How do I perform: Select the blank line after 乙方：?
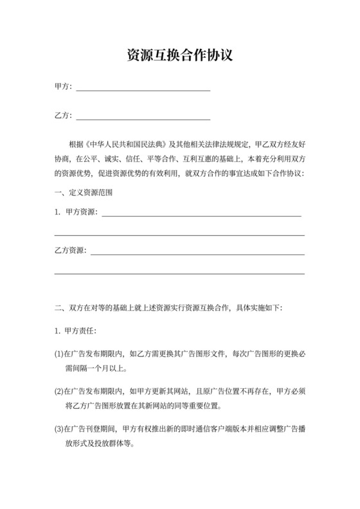tap(143, 118)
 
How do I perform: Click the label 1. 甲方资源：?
tap(76, 213)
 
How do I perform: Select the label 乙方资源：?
tap(71, 251)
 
